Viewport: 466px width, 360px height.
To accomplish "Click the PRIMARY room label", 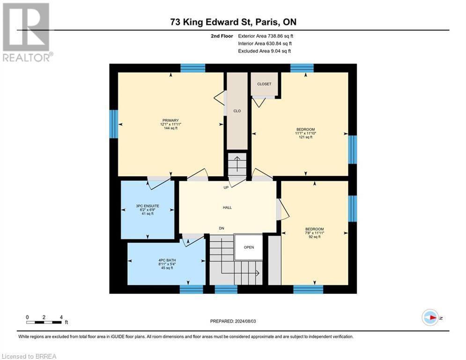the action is pos(170,120).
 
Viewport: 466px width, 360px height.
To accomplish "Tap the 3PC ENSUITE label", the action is pos(148,206).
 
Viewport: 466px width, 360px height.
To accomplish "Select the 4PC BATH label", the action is pos(167,260).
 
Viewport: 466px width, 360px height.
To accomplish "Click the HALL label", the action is pos(227,207).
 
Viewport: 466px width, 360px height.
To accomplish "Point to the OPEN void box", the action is pos(249,247).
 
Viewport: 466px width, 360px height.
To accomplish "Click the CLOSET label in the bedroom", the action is pos(264,84).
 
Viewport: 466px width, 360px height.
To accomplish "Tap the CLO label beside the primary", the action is pos(237,111).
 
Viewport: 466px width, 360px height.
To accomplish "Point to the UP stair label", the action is pos(226,188).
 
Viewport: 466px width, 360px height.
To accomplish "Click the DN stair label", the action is pos(222,228).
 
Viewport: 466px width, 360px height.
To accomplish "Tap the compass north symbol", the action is pos(430,318).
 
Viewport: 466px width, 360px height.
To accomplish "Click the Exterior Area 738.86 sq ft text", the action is pos(266,36).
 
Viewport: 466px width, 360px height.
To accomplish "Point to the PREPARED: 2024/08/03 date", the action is pos(233,321).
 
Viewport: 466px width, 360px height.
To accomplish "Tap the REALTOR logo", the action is pos(27,32).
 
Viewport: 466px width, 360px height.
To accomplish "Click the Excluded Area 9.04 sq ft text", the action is pos(265,51).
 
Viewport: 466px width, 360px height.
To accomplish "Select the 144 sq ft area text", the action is pos(170,128).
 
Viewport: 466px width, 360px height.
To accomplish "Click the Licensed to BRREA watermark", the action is pos(29,356).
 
